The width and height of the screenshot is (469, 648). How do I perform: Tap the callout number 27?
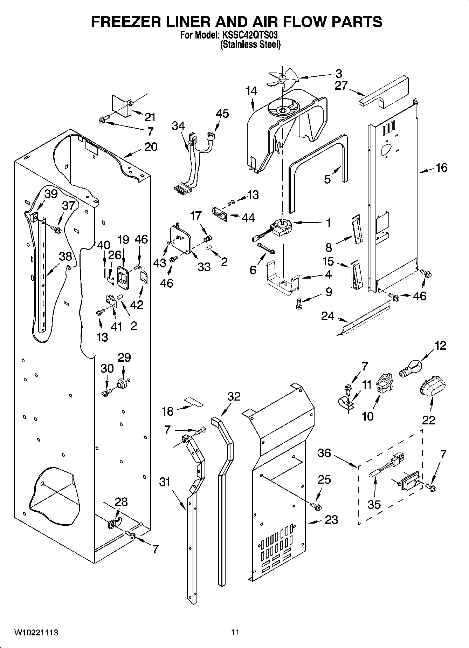point(340,86)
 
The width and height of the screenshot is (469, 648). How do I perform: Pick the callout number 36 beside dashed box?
point(324,453)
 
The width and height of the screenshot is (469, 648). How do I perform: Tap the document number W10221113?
point(36,632)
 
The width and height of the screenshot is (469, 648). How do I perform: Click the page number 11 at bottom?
point(235,632)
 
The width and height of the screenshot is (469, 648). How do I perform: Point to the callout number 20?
point(151,146)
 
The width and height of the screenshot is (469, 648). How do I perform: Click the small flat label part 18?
point(194,402)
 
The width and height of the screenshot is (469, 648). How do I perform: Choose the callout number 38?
point(65,257)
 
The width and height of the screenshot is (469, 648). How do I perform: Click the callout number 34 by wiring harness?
point(178,125)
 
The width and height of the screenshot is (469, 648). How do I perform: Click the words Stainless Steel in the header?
point(250,45)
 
